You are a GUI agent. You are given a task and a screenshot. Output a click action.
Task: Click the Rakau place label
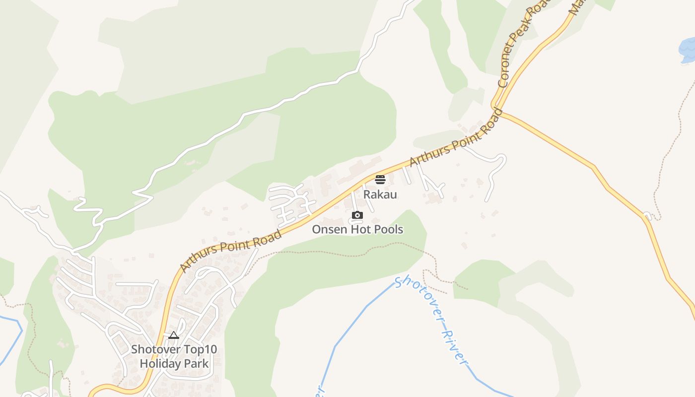[x=380, y=194]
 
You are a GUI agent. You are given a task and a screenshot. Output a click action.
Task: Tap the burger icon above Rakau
[x=380, y=179]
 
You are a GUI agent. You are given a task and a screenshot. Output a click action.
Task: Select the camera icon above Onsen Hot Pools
[x=357, y=215]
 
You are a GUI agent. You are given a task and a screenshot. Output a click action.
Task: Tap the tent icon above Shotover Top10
[x=173, y=335]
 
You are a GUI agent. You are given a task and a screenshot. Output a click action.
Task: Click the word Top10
[x=201, y=349]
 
